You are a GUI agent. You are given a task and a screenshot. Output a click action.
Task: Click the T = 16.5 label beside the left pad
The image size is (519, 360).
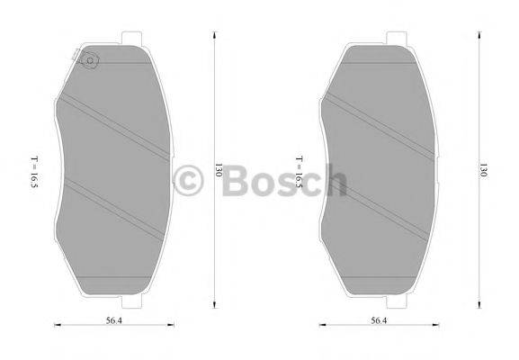tap(33, 170)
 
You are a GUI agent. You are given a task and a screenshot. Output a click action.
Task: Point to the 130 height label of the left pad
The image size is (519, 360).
tap(219, 169)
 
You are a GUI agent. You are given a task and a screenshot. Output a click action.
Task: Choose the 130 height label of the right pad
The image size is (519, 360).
tap(483, 169)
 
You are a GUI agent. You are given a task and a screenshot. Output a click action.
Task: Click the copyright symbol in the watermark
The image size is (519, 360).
tap(189, 181)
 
